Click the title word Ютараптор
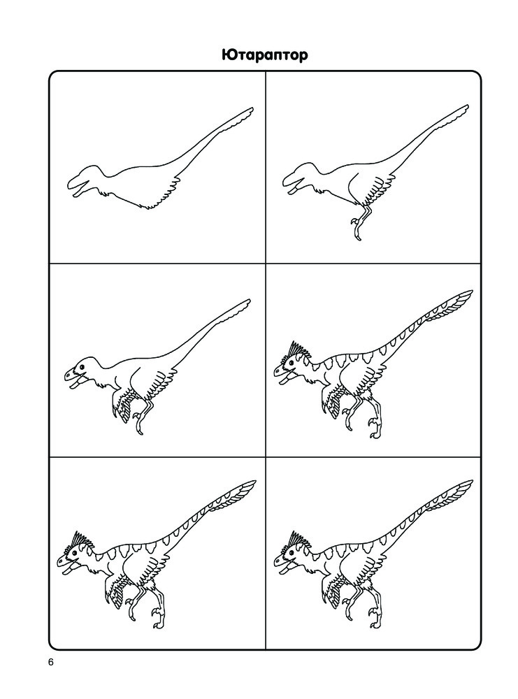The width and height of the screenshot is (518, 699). tap(265, 55)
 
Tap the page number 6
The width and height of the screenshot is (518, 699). tap(51, 662)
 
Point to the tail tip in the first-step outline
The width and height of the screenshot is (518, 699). tap(252, 108)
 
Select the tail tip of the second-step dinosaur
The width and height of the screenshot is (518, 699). tap(467, 106)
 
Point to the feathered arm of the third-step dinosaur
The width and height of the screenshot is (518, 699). tap(122, 403)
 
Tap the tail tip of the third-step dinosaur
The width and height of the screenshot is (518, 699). tap(248, 301)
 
